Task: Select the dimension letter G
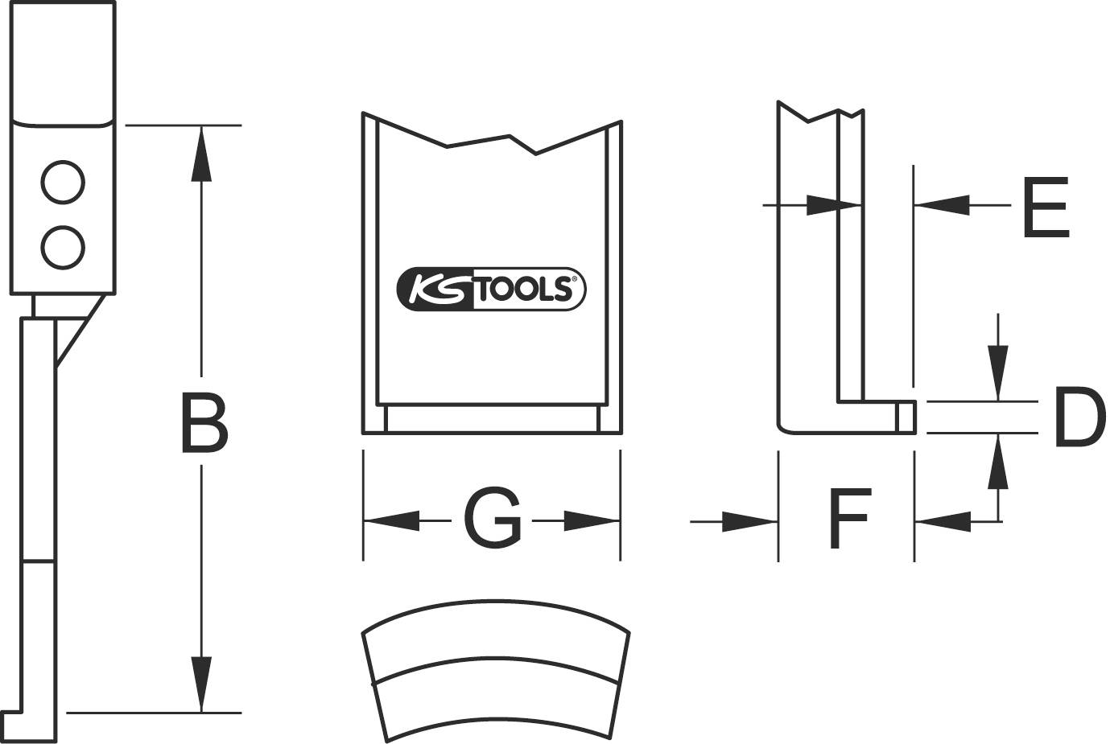pos(492,519)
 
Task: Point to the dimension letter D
pos(1076,417)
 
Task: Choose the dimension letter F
pos(848,519)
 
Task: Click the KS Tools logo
pos(492,288)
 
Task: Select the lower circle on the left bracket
pos(63,248)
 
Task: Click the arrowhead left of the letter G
pos(391,520)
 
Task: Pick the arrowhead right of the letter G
pos(591,520)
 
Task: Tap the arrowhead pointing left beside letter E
pos(941,206)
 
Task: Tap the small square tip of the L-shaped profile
pos(906,414)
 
